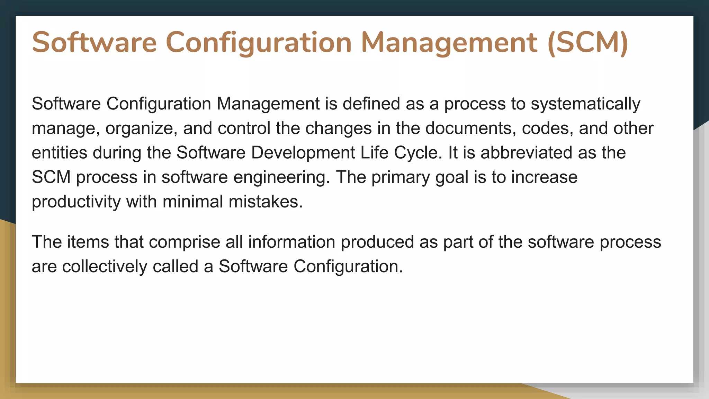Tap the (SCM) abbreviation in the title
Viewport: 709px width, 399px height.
tap(588, 43)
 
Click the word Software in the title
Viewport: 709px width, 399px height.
tap(94, 43)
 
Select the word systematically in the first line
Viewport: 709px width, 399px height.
tap(585, 104)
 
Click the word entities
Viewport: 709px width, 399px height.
tap(59, 153)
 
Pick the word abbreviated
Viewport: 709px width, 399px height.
tap(526, 153)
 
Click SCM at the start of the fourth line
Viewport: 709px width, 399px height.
tap(51, 177)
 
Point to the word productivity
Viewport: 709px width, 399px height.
tap(76, 202)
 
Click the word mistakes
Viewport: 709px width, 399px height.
tap(266, 202)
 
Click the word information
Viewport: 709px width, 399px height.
tap(291, 242)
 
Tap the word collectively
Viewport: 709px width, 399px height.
tap(105, 267)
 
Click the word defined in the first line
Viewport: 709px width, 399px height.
tap(371, 104)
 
